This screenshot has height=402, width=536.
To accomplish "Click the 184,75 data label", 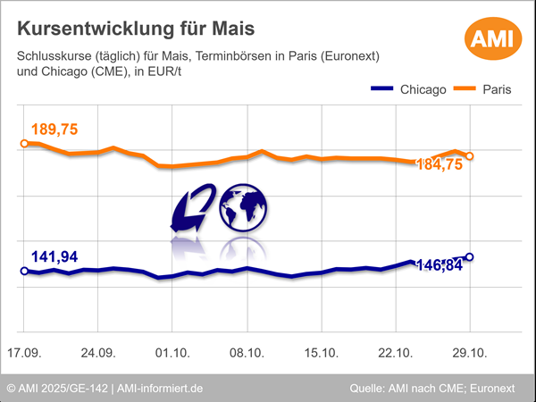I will (x=439, y=164).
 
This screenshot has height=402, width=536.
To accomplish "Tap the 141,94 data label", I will (x=54, y=256).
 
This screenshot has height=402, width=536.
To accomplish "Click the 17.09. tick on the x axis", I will (x=25, y=353).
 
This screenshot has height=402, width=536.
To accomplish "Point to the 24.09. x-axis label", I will (x=99, y=353).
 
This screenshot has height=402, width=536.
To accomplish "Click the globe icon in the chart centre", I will (x=243, y=207).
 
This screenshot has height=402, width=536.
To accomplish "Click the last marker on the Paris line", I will (x=470, y=156).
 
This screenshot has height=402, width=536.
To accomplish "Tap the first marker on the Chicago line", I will (x=24, y=271).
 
